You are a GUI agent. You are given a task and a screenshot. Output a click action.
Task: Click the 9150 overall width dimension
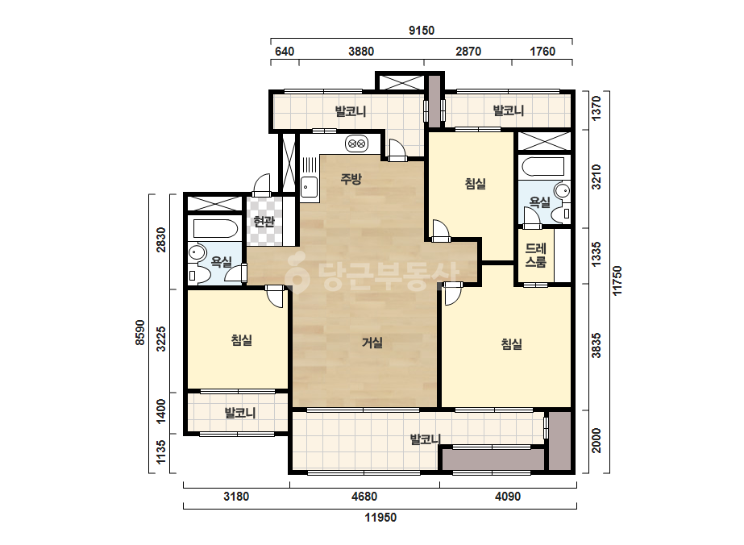(422, 31)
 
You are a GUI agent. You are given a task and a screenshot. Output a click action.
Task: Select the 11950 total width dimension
(380, 517)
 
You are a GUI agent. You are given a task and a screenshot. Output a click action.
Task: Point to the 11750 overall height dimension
(617, 281)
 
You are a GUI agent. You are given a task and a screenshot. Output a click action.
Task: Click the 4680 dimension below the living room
(364, 497)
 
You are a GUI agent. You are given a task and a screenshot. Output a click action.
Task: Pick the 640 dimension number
(285, 52)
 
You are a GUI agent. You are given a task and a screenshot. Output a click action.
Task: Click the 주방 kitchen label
(351, 179)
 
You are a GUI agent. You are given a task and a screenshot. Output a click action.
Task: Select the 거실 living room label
(372, 343)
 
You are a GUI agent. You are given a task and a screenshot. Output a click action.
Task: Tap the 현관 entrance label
(264, 221)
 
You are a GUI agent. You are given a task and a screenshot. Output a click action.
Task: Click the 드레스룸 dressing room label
(536, 256)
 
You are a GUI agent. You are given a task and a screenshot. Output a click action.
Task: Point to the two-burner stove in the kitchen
(356, 143)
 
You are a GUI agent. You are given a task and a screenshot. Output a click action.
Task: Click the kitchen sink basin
(309, 186)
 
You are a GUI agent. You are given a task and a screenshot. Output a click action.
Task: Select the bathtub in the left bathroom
(215, 228)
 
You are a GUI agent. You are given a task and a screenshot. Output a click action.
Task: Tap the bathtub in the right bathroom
(542, 167)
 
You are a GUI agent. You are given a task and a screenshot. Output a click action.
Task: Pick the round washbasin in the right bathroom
(563, 191)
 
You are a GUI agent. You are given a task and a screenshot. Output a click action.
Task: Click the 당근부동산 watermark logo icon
(297, 274)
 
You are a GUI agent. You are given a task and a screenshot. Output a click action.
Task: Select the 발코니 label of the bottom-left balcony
(240, 413)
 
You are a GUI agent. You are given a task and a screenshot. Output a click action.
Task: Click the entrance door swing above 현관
(261, 185)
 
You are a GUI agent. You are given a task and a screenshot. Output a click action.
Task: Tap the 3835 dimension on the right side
(596, 346)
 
